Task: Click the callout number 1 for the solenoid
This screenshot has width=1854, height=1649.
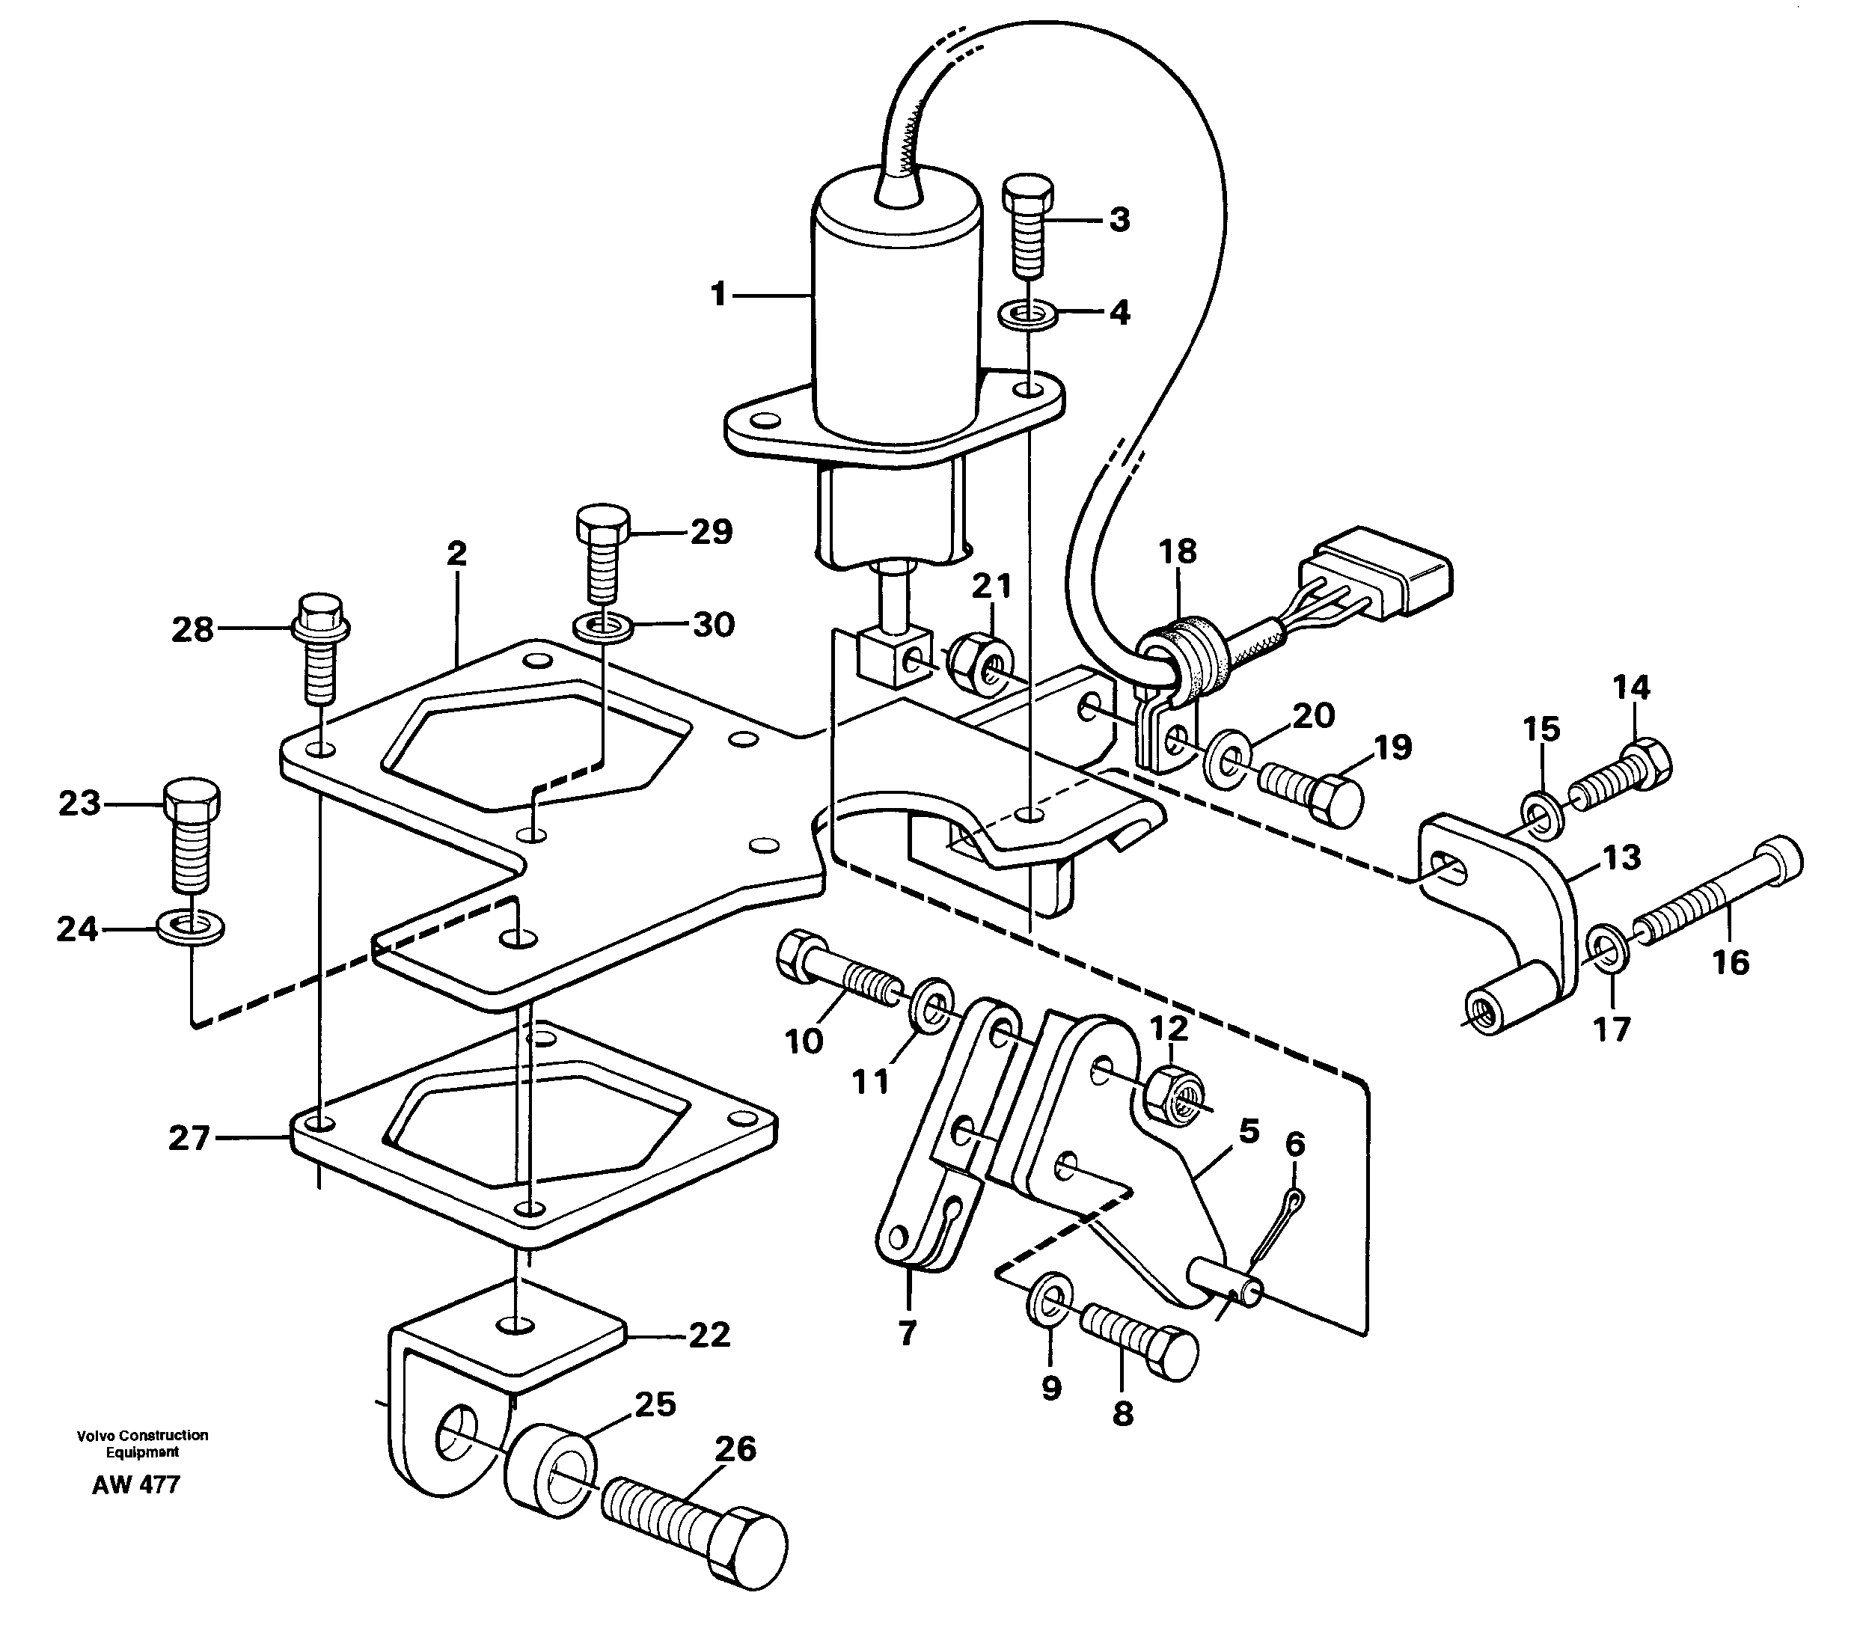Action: tap(718, 295)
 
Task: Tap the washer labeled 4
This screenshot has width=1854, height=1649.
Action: tap(1026, 316)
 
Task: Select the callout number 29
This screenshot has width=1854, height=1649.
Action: tap(711, 533)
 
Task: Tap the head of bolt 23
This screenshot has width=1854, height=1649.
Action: tap(192, 798)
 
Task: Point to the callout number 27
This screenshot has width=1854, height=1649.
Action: tap(189, 1137)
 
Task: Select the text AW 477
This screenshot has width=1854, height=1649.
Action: tap(136, 1511)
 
